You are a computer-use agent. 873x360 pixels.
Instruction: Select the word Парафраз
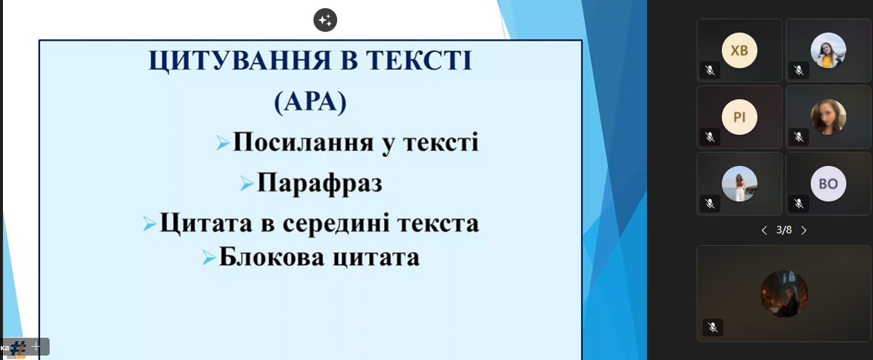point(319,183)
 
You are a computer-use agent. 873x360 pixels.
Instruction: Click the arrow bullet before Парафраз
point(248,183)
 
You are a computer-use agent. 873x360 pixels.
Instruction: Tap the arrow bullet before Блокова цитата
point(209,257)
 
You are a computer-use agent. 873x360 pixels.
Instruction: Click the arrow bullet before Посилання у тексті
point(223,143)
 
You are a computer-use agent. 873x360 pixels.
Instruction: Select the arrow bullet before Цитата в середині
point(149,224)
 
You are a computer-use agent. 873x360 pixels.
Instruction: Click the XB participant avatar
point(740,50)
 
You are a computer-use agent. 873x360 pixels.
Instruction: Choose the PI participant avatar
point(740,117)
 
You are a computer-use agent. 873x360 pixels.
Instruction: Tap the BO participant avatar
point(829,184)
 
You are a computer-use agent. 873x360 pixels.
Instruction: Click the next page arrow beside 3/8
point(804,230)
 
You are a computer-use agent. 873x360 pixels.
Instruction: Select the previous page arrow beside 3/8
point(764,230)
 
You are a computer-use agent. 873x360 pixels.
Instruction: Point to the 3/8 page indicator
point(784,230)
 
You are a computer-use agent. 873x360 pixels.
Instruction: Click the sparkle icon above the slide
point(325,21)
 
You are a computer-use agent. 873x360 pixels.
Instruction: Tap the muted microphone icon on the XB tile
point(710,70)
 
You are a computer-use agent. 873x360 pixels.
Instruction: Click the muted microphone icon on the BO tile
point(799,204)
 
